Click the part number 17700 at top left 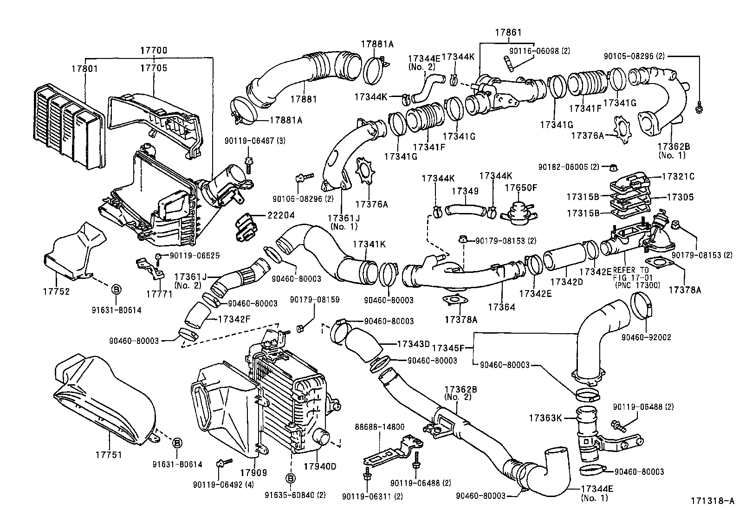[x=153, y=50]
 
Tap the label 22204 [x=280, y=216]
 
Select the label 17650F [x=521, y=187]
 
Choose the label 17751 [x=109, y=454]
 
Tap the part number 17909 [x=253, y=473]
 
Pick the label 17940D [x=319, y=466]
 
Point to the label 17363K [x=545, y=418]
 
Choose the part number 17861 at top [x=508, y=32]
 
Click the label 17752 [x=57, y=291]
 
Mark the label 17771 [x=160, y=294]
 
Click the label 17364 [x=501, y=307]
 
